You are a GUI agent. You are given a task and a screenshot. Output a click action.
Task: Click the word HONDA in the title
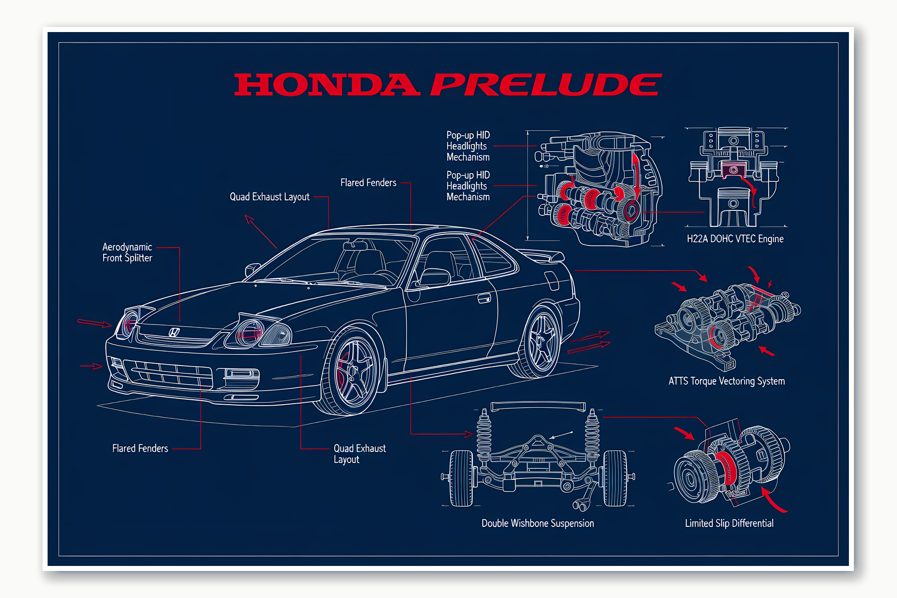pyautogui.click(x=327, y=85)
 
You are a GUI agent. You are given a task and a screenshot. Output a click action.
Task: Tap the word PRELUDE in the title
pyautogui.click(x=546, y=85)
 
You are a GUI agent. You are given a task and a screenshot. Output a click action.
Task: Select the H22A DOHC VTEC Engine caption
pyautogui.click(x=735, y=239)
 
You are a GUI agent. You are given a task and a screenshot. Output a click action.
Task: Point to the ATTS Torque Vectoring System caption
pyautogui.click(x=726, y=381)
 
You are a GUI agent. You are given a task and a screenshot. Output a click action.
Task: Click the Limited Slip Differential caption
pyautogui.click(x=729, y=523)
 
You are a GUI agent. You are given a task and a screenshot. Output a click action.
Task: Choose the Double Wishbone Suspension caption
pyautogui.click(x=537, y=523)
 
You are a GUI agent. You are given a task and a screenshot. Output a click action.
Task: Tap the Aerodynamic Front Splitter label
pyautogui.click(x=127, y=252)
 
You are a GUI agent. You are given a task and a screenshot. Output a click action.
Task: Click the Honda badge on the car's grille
pyautogui.click(x=174, y=332)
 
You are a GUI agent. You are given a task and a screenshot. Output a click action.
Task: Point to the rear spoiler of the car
pyautogui.click(x=546, y=255)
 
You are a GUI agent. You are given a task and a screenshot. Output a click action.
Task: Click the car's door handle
pyautogui.click(x=484, y=299)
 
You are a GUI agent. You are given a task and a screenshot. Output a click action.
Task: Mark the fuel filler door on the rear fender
pyautogui.click(x=551, y=280)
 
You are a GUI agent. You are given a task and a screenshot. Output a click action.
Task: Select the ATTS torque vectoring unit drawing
pyautogui.click(x=726, y=321)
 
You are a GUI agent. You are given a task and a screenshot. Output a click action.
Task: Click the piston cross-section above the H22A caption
pyautogui.click(x=734, y=178)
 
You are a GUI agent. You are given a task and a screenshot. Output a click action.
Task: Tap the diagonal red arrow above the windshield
pyautogui.click(x=260, y=231)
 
